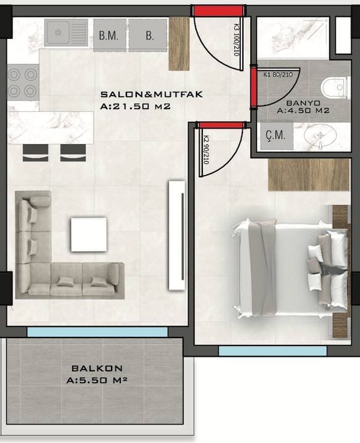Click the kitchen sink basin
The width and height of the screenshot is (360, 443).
point(59,33)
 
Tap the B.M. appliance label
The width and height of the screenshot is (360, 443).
point(108,36)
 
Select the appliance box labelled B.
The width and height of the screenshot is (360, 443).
point(148,35)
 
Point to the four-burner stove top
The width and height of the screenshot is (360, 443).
point(23,83)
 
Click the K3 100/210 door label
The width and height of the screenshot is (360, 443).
point(237,40)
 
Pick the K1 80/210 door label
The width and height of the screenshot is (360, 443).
point(278,75)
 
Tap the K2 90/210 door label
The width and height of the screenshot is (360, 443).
point(206,150)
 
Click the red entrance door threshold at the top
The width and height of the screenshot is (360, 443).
point(218,10)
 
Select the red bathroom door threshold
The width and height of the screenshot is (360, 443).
point(253,88)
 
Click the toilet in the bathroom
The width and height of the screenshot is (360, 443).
point(335,88)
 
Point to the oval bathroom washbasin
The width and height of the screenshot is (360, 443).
point(320,135)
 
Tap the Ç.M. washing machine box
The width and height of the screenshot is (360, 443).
point(277,136)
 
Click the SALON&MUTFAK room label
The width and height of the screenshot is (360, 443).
point(152,94)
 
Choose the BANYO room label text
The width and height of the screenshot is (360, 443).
point(303,103)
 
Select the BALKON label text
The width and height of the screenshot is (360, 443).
point(97,368)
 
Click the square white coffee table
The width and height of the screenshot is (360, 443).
point(89,234)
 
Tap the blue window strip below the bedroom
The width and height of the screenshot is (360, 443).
point(272,351)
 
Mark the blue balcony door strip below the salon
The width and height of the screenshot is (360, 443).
point(97,332)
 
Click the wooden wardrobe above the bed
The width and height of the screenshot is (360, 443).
point(309,175)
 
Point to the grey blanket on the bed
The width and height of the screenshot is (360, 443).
point(263,268)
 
